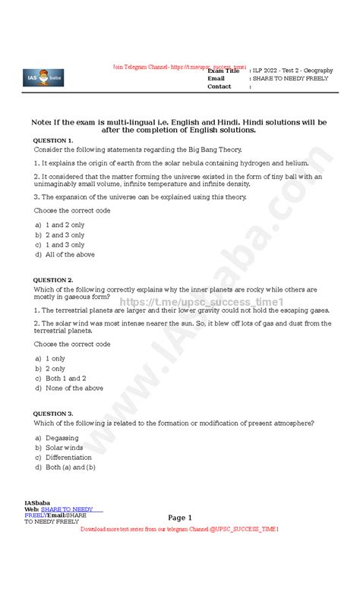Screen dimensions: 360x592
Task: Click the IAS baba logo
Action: [43, 77]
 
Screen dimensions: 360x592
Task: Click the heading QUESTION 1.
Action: [53, 140]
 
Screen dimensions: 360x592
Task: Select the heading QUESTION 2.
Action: [53, 280]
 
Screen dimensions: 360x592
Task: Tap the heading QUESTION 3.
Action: [53, 414]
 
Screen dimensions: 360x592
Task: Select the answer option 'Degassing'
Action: [62, 438]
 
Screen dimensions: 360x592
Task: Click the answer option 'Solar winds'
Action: [64, 448]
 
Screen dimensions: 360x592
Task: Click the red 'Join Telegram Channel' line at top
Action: [180, 67]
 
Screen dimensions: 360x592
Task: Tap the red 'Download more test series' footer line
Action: [180, 528]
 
